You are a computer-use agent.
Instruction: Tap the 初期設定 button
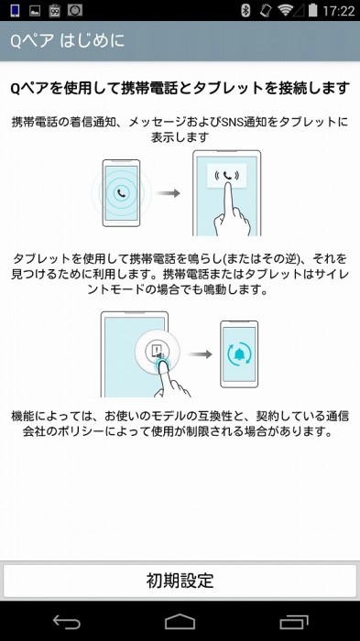point(180,581)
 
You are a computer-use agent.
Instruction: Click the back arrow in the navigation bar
point(67,623)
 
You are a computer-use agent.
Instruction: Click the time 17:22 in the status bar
point(339,11)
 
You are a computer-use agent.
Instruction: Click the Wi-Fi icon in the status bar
point(286,11)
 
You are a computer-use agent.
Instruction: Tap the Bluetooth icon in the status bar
point(245,11)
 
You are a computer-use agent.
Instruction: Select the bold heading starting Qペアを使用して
point(180,89)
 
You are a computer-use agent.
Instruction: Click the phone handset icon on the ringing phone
point(122,192)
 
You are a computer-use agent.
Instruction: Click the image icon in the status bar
point(34,11)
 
